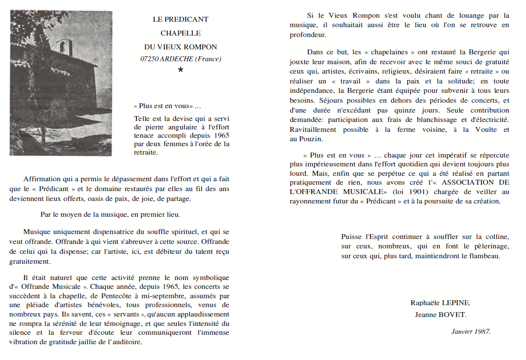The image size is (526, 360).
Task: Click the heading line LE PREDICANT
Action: tap(180, 19)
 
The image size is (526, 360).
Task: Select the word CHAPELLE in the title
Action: tap(180, 33)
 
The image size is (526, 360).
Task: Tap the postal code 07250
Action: tap(149, 59)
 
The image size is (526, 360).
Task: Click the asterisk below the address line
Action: tap(180, 71)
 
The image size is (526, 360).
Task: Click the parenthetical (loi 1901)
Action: tap(415, 192)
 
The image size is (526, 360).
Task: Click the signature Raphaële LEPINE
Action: tap(440, 303)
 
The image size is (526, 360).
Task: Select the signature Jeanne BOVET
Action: tap(440, 315)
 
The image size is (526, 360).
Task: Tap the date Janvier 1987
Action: tap(470, 331)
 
